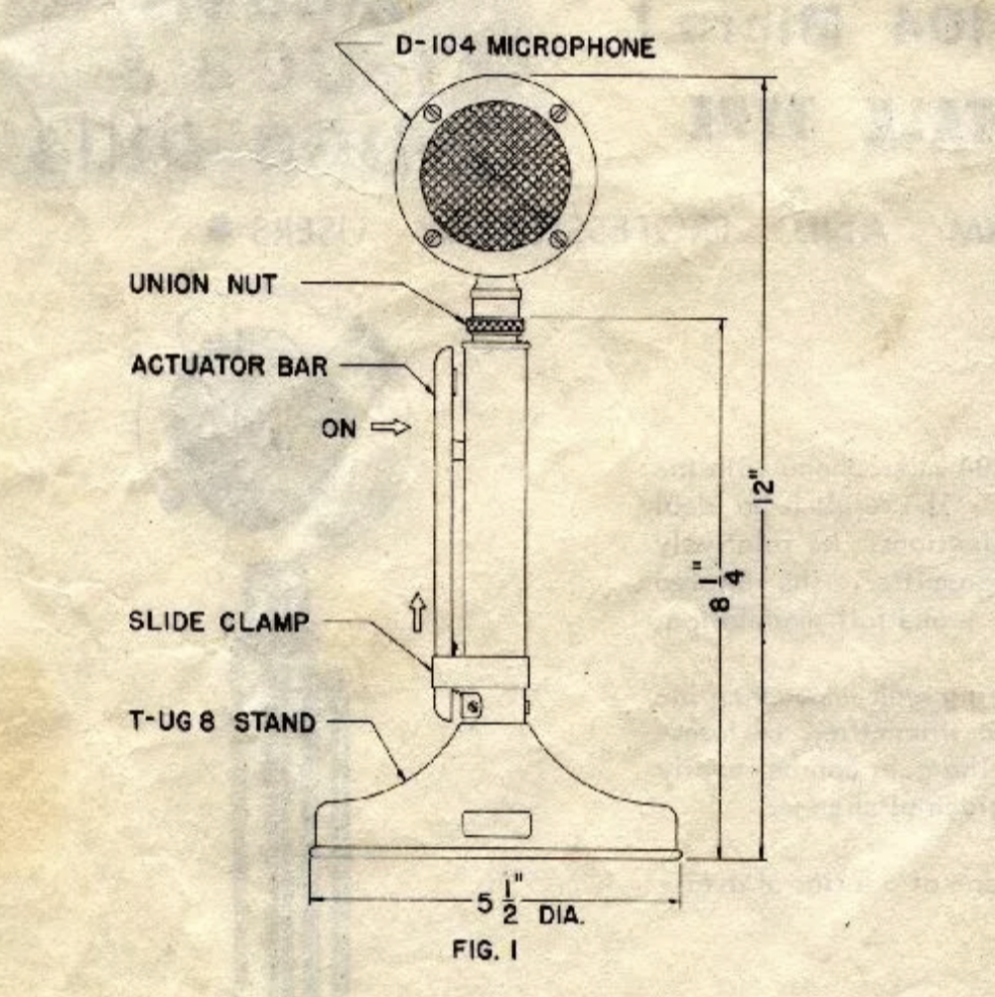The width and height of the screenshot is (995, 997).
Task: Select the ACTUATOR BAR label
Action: pos(229,366)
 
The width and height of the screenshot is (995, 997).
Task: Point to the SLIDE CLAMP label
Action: pos(219,623)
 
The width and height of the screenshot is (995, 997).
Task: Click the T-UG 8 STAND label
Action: pos(222,722)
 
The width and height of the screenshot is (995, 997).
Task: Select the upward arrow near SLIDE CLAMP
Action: pos(418,613)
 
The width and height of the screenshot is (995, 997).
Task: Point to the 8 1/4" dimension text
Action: pos(726,585)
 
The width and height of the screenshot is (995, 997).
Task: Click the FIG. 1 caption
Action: pos(484,949)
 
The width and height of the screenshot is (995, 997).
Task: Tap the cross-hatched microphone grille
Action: pos(495,176)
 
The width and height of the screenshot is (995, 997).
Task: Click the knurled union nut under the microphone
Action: pos(495,324)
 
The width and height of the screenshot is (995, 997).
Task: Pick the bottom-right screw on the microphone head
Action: pos(559,238)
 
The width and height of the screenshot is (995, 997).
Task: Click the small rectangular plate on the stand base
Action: pos(497,823)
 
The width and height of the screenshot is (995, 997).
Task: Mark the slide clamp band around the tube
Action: pos(480,672)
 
